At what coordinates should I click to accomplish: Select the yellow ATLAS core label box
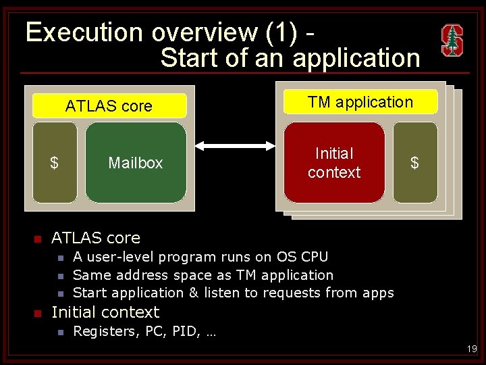click(109, 106)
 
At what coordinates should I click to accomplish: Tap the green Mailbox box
click(136, 163)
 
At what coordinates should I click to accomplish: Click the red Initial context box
click(334, 163)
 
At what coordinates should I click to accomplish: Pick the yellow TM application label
click(360, 102)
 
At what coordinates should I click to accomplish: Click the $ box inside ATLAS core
click(54, 163)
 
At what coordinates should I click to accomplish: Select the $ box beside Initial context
click(414, 163)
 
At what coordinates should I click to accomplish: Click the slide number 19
click(471, 349)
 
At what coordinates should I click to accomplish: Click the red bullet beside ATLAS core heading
click(38, 239)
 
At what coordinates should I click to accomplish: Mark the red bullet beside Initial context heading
click(38, 313)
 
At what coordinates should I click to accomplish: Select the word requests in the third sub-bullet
click(294, 293)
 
